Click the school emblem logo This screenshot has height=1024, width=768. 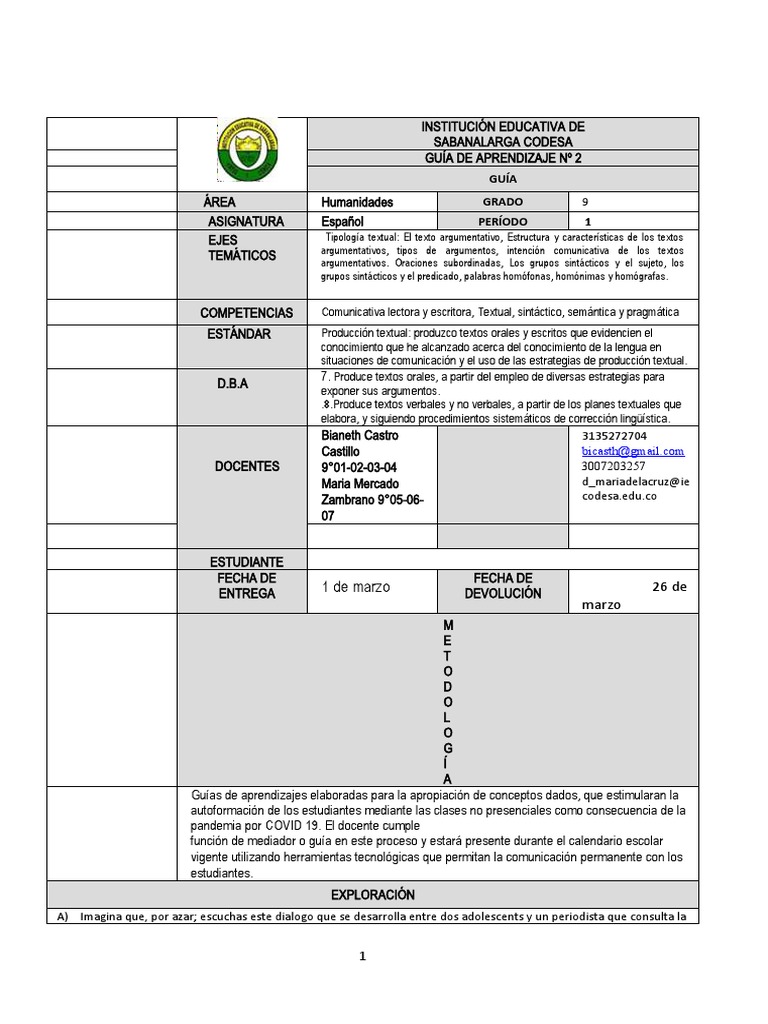pyautogui.click(x=248, y=150)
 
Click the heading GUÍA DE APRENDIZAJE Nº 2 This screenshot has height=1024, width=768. pyautogui.click(x=503, y=158)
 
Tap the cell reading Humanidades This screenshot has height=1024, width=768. pyautogui.click(x=357, y=202)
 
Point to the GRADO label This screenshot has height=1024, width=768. pyautogui.click(x=503, y=202)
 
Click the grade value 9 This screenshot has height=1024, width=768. pyautogui.click(x=585, y=202)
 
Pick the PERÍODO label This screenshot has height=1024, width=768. pyautogui.click(x=503, y=221)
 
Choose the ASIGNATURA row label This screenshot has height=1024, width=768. pyautogui.click(x=246, y=221)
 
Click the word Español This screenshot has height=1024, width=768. pyautogui.click(x=343, y=221)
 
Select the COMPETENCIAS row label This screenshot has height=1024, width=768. pyautogui.click(x=246, y=313)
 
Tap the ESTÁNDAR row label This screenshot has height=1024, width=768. pyautogui.click(x=239, y=334)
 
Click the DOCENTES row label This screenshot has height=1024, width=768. pyautogui.click(x=246, y=467)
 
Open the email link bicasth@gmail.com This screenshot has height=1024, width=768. pyautogui.click(x=632, y=451)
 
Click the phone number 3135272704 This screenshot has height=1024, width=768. pyautogui.click(x=613, y=436)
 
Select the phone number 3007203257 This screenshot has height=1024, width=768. pyautogui.click(x=613, y=466)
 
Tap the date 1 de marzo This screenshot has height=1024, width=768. pyautogui.click(x=356, y=587)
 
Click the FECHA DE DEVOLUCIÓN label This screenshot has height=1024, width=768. pyautogui.click(x=503, y=586)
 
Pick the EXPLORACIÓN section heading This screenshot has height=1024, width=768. pyautogui.click(x=372, y=895)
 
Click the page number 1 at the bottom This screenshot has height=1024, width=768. pyautogui.click(x=364, y=957)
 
